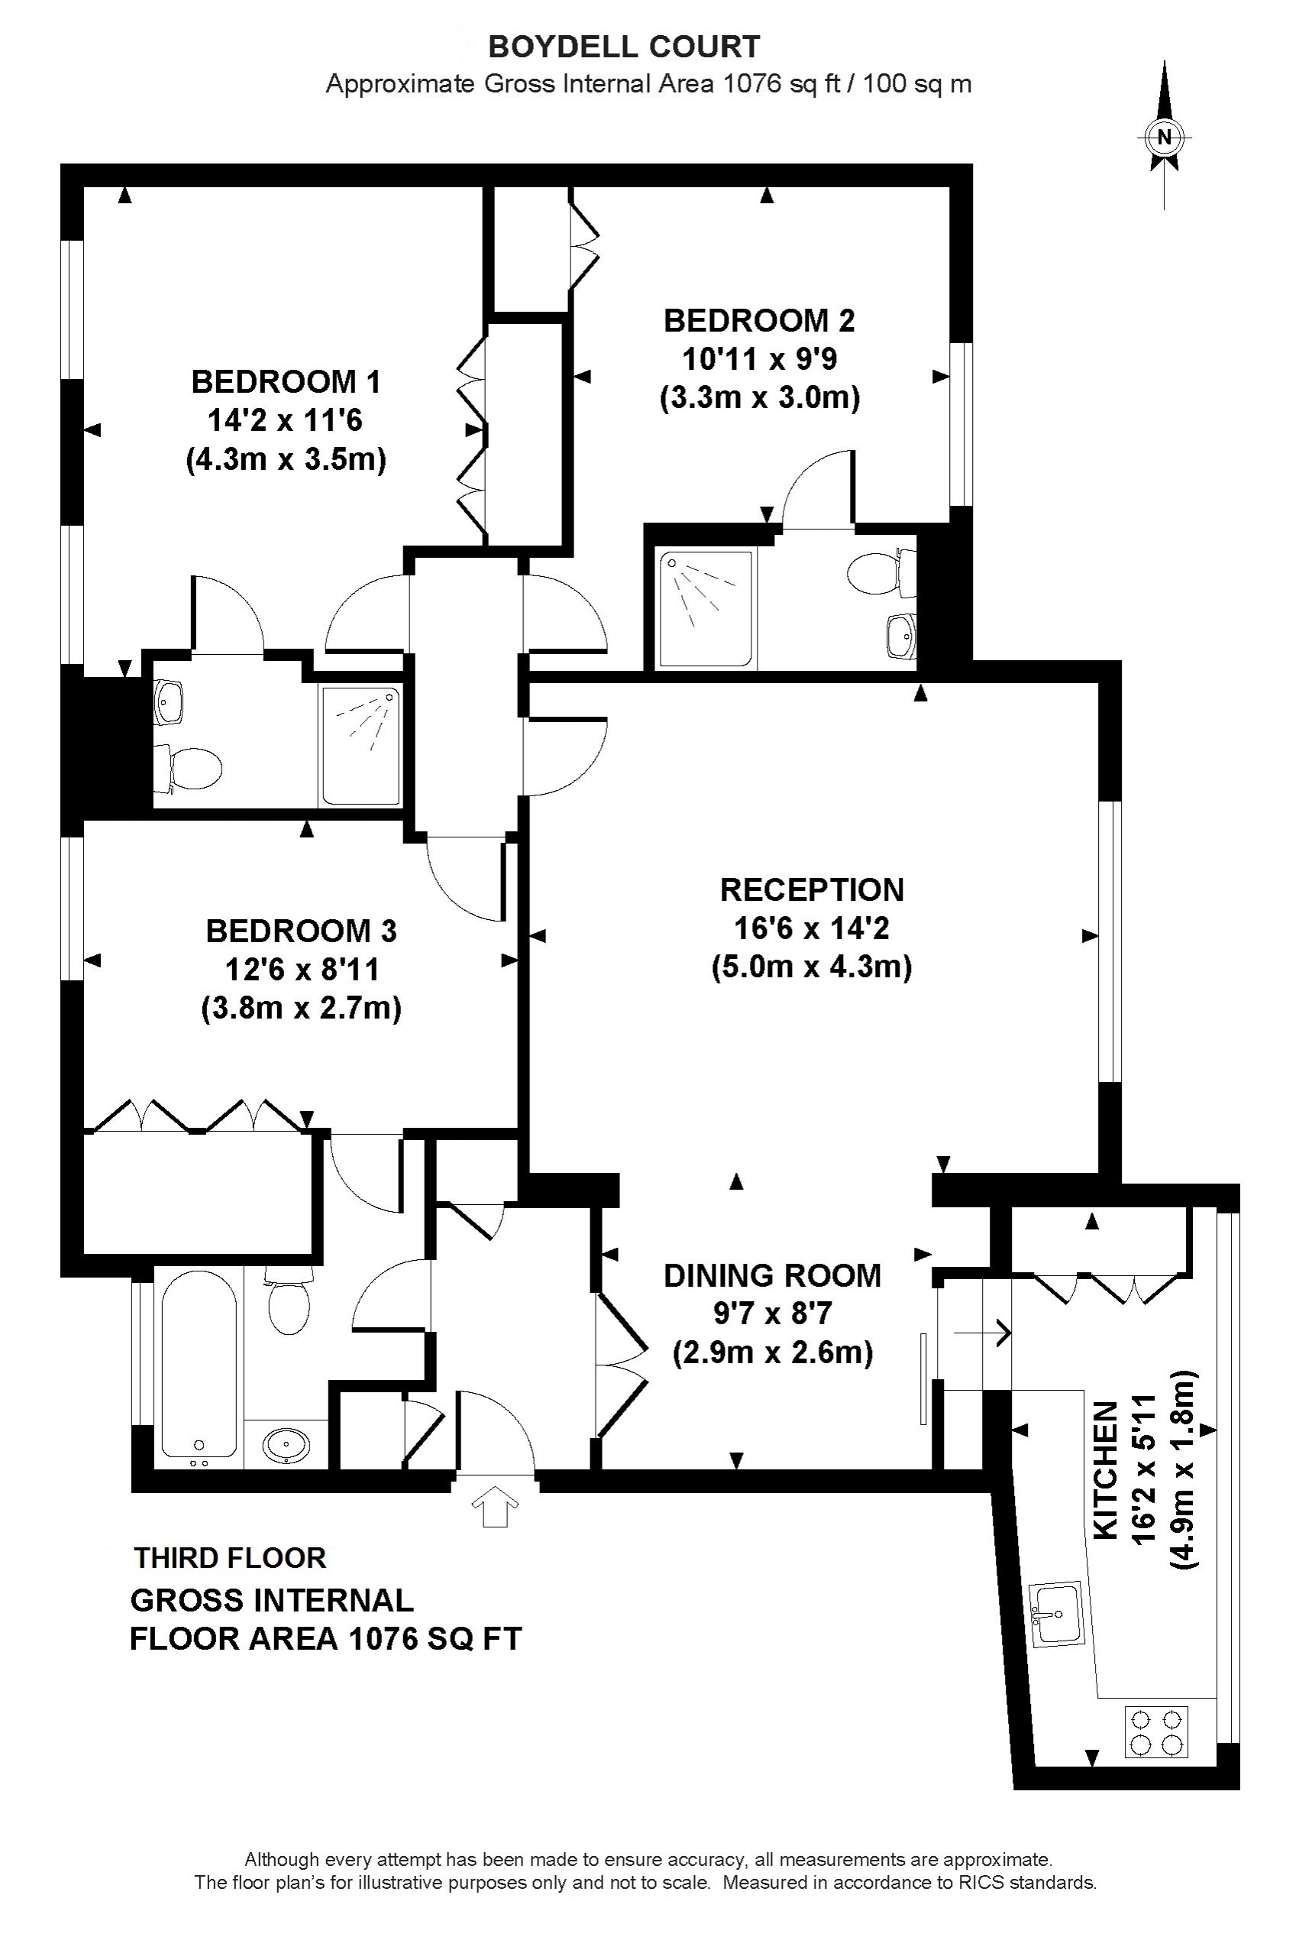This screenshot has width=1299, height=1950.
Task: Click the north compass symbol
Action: pyautogui.click(x=1165, y=137)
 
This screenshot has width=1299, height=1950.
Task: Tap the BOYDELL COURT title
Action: pyautogui.click(x=624, y=47)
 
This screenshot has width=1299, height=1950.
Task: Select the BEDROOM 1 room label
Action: pyautogui.click(x=286, y=382)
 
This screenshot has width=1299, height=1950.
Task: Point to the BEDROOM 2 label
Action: pyautogui.click(x=759, y=321)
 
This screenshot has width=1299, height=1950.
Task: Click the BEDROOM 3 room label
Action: pyautogui.click(x=302, y=931)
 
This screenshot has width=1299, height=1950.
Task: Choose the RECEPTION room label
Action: pyautogui.click(x=812, y=889)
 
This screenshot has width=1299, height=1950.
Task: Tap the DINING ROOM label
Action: pyautogui.click(x=772, y=1275)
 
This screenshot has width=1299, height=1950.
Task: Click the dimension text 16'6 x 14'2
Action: pyautogui.click(x=812, y=928)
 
